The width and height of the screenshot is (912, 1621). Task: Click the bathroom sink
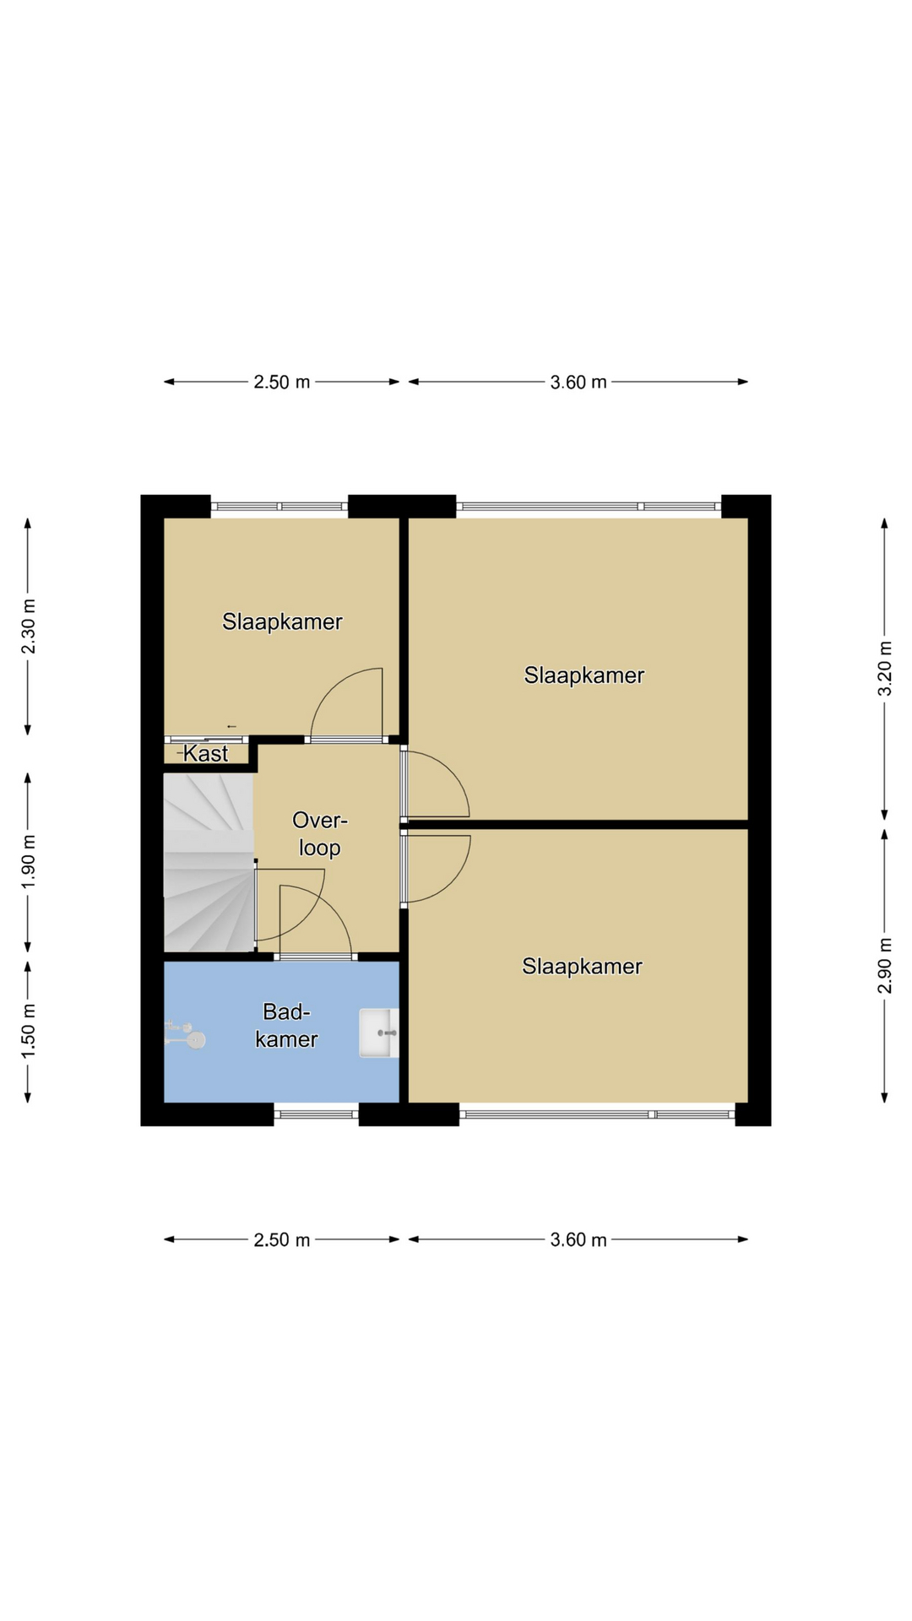point(378,1033)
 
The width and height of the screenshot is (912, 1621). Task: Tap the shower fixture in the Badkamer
point(185,1035)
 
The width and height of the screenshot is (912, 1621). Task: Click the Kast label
point(205,753)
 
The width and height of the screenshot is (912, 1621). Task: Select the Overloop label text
point(320,833)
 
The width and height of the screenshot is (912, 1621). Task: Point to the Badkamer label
point(286,1025)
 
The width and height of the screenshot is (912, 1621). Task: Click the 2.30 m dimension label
point(29,626)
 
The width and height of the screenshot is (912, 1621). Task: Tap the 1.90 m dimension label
point(29,861)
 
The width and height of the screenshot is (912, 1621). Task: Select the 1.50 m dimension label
point(29,1031)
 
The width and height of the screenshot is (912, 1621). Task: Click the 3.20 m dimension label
point(884,668)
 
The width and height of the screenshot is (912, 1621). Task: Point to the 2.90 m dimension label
point(884,965)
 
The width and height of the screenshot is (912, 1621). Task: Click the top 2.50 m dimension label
point(282,382)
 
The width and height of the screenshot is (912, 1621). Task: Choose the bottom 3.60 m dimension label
point(578,1239)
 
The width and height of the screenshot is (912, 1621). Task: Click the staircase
point(209,863)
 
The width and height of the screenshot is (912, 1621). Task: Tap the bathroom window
point(317,1114)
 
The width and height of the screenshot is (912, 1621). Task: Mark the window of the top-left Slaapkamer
point(280,507)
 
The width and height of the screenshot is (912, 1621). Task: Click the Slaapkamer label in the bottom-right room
point(582,967)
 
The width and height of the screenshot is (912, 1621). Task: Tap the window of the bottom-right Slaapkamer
point(597,1114)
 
